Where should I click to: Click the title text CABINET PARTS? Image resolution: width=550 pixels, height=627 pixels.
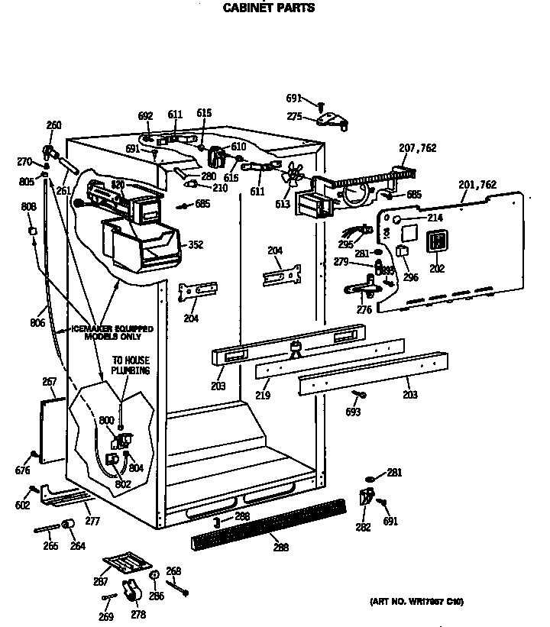268,8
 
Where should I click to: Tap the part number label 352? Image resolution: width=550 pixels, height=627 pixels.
196,245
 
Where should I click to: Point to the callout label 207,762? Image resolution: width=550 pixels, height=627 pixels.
418,147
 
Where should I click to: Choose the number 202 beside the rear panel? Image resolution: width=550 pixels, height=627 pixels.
436,268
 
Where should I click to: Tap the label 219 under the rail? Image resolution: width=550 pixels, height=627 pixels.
263,395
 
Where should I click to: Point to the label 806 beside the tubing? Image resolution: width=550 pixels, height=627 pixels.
37,323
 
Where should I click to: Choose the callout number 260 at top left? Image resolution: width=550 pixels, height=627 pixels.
53,126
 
